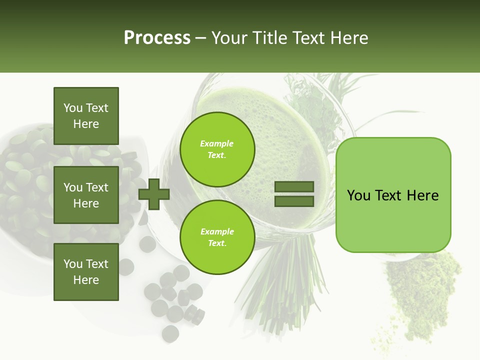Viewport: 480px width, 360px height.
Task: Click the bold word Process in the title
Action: click(x=157, y=38)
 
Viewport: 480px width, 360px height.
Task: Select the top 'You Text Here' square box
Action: click(x=86, y=116)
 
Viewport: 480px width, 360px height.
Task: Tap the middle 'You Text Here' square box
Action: click(x=86, y=195)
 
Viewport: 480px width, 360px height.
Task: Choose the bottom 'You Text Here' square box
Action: click(x=86, y=272)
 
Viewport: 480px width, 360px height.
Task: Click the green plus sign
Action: click(x=154, y=194)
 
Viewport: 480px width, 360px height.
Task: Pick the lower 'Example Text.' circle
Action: click(x=217, y=237)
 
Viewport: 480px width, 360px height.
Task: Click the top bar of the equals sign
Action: click(x=294, y=187)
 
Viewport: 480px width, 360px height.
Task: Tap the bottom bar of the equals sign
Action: click(x=294, y=201)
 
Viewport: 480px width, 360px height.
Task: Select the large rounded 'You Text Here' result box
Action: click(x=393, y=195)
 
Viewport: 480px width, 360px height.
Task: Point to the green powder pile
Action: click(x=420, y=295)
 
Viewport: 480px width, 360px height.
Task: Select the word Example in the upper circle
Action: click(x=217, y=144)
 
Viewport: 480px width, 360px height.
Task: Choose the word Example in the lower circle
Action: click(x=217, y=232)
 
